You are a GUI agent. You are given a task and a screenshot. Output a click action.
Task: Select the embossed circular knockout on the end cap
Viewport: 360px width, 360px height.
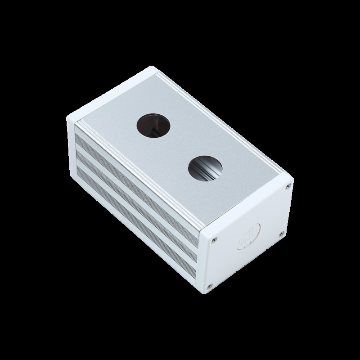248,237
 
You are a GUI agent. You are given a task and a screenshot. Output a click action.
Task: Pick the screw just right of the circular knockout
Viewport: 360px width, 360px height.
280,233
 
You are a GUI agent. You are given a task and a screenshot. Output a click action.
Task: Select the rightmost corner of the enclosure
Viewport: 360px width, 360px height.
293,183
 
